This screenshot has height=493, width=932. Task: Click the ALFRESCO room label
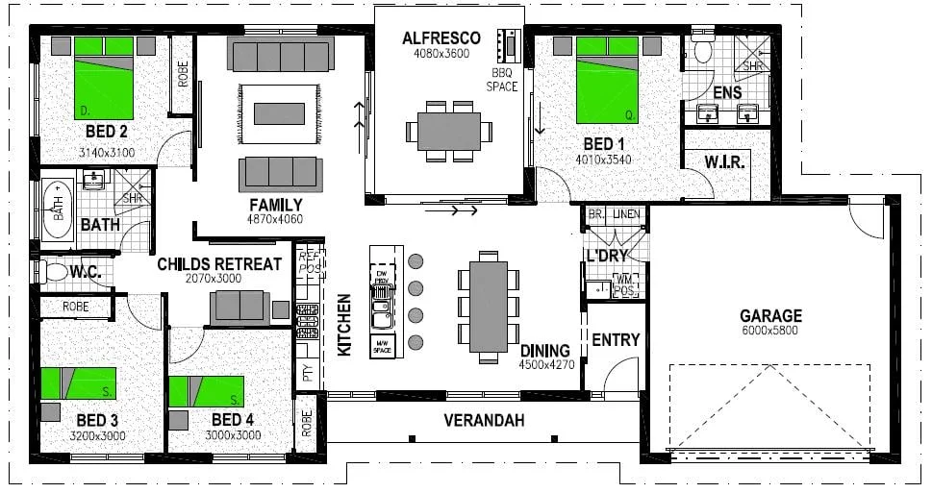tap(441, 38)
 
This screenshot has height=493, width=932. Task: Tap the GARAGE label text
tap(770, 315)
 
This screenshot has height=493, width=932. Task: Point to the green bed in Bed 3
tap(79, 383)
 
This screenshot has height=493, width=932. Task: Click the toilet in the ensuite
tap(701, 50)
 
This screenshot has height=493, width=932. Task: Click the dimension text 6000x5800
tap(770, 331)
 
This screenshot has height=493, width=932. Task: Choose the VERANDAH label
tap(484, 420)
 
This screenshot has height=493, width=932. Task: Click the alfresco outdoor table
tap(449, 130)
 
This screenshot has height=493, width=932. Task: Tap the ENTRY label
tap(616, 340)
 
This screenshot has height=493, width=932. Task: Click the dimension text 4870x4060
tap(275, 219)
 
